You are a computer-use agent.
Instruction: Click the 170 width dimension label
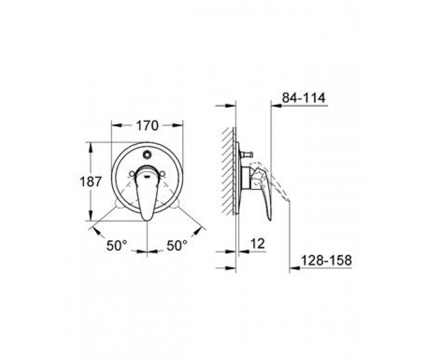coord(147,125)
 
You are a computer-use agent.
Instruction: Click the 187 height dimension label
coord(91,182)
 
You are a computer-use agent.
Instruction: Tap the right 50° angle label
coord(177,246)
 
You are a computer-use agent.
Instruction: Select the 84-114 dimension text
coord(304,98)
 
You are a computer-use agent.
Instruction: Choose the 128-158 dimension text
coord(326,260)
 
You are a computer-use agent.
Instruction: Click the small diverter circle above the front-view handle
coord(147,154)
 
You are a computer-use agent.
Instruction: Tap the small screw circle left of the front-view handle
coord(132,174)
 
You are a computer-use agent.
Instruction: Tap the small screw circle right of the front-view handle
coord(162,174)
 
